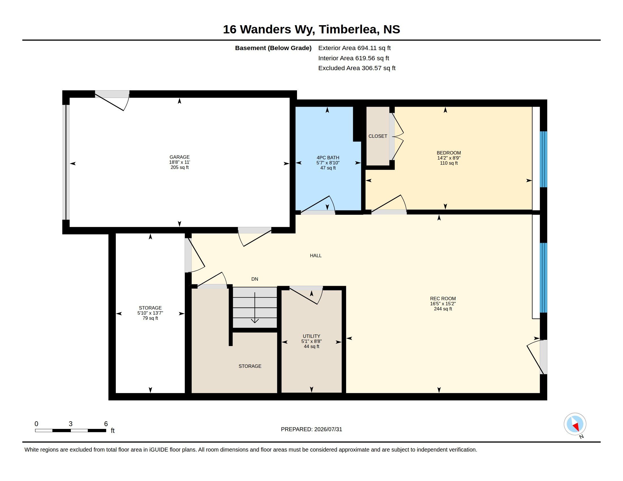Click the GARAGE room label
tap(180, 157)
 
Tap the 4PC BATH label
tap(328, 158)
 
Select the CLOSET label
tap(378, 136)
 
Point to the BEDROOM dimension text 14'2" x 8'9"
tap(449, 158)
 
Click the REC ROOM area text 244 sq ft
tap(443, 309)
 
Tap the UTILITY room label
tap(311, 336)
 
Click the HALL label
tap(315, 255)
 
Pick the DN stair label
tap(255, 279)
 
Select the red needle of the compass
tap(576, 427)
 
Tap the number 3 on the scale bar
tap(71, 424)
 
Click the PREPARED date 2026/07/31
tap(328, 429)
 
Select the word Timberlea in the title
tap(349, 29)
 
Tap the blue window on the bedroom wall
tap(543, 159)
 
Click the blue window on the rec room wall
tap(543, 278)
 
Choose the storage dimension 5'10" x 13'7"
tap(150, 313)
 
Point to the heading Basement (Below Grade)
tap(273, 48)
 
